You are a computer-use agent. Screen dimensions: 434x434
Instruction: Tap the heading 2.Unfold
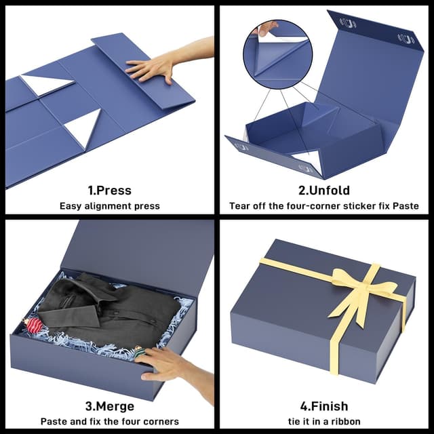pyautogui.click(x=323, y=191)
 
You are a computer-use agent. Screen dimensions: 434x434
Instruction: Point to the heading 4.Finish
pyautogui.click(x=323, y=406)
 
